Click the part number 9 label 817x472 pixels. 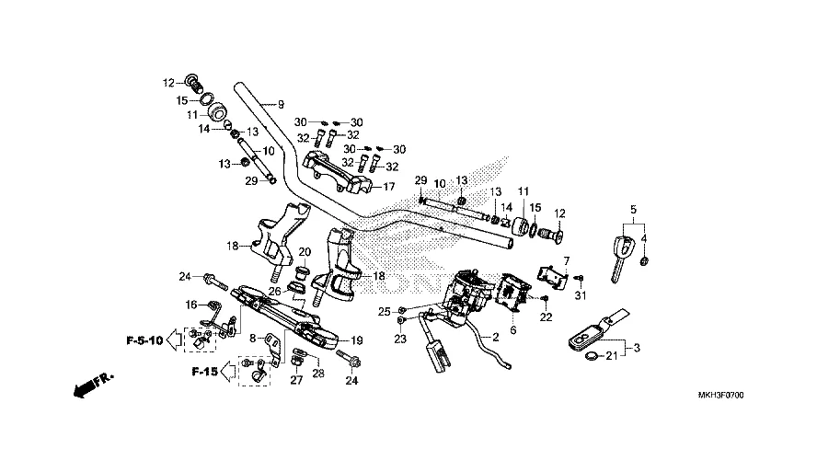coord(281,103)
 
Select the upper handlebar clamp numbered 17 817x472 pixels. coord(342,173)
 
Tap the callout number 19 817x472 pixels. coord(357,340)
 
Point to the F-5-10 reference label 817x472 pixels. coord(144,341)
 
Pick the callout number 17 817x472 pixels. coord(389,186)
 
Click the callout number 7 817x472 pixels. coord(567,261)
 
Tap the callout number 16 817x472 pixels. coord(191,305)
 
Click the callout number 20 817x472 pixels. coord(305,253)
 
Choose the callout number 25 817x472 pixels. coord(385,309)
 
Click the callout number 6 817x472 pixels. coord(513,329)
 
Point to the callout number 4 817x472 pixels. coord(644,239)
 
